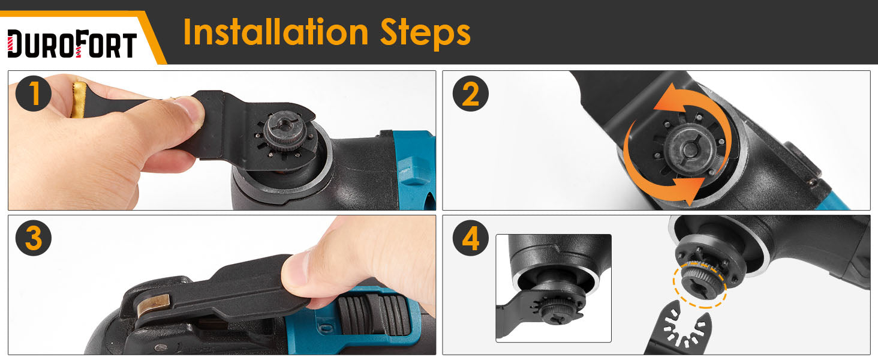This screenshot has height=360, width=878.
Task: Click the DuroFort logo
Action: [x=72, y=44]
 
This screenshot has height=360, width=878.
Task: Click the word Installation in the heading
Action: [x=275, y=32]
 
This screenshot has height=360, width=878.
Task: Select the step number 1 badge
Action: [x=34, y=94]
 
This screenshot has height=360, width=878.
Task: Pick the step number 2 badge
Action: [x=470, y=94]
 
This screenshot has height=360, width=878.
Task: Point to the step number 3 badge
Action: [x=34, y=238]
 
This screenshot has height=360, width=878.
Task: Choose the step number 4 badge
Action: [x=470, y=238]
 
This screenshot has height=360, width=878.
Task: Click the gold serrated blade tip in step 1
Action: [x=79, y=100]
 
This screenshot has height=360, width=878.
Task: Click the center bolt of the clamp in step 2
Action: [x=688, y=149]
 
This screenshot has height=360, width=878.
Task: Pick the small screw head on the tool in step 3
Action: [x=161, y=347]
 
